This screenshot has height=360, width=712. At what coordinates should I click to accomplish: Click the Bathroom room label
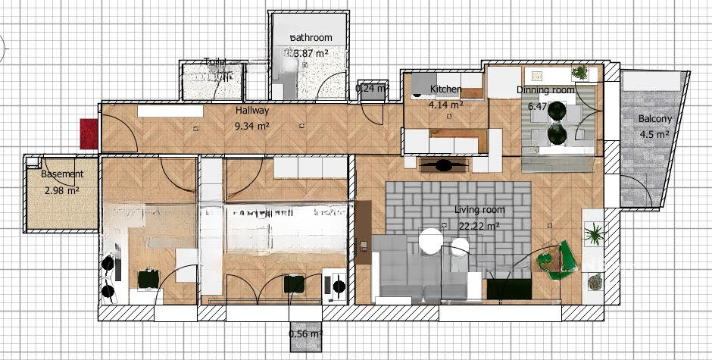point(311,38)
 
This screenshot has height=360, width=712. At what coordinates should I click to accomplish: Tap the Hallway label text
point(252,111)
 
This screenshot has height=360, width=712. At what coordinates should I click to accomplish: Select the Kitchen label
point(445,89)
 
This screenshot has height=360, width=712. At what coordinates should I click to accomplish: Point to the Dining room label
point(545,90)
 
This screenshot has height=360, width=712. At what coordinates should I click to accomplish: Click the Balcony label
point(654,119)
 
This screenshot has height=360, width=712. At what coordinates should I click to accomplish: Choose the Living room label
point(479,210)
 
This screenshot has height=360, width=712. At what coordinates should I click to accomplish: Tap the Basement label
point(62,174)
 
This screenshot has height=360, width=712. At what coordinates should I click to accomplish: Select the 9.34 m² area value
point(253,126)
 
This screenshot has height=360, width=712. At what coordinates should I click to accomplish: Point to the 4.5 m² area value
point(654,135)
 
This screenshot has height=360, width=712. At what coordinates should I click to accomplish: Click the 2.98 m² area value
point(63,190)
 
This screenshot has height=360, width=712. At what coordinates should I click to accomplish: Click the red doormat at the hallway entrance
point(89,133)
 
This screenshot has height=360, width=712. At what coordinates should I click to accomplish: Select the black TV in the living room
point(508,290)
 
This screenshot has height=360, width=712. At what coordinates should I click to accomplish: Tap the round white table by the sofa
point(430,241)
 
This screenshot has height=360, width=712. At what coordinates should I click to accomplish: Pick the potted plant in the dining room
point(579,73)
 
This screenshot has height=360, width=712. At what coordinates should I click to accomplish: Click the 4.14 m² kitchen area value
point(445,105)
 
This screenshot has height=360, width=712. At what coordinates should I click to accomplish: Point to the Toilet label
point(216,63)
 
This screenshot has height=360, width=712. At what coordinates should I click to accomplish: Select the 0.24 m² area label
point(372,88)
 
